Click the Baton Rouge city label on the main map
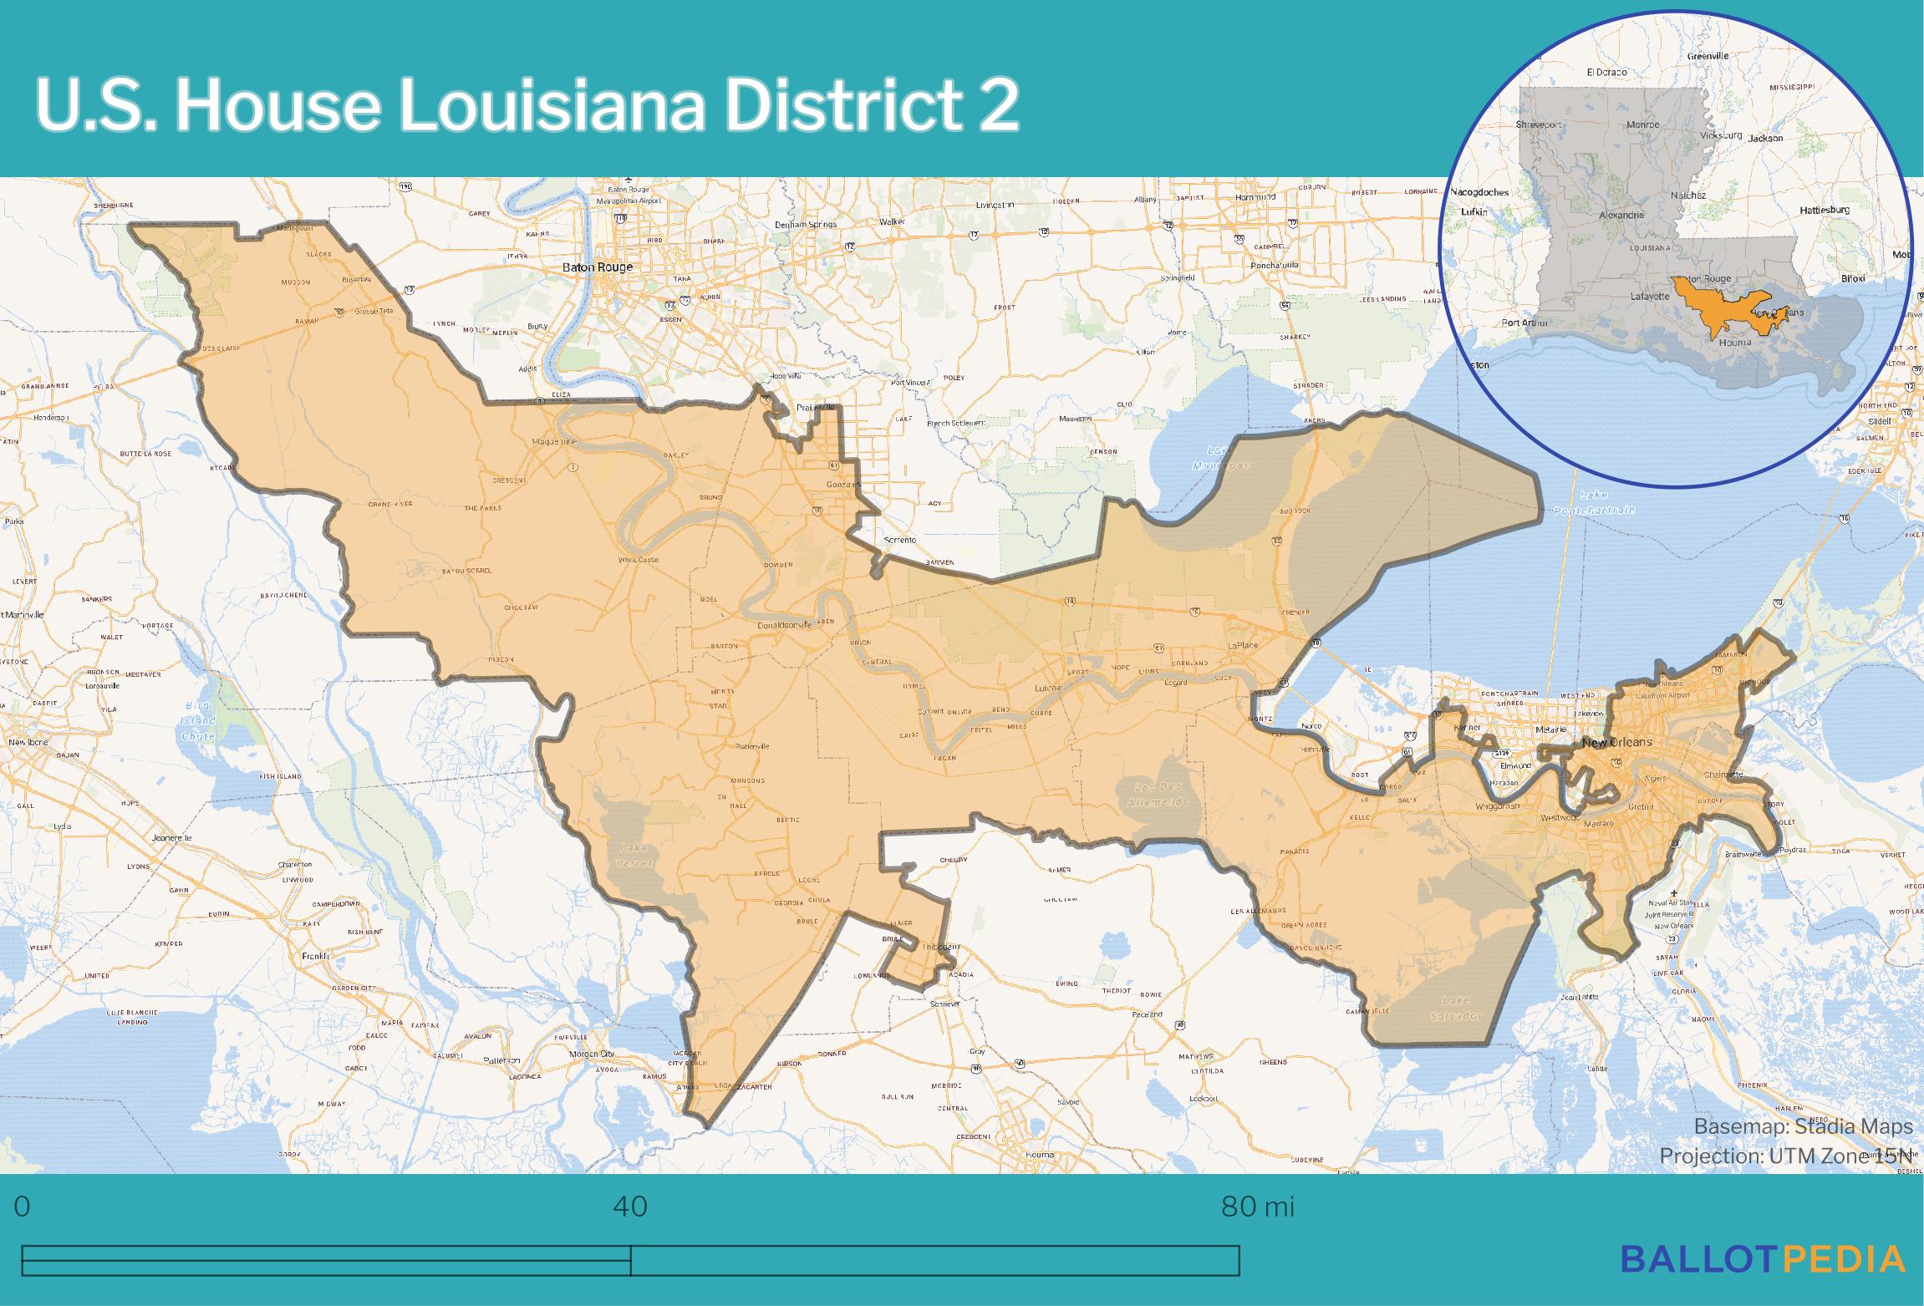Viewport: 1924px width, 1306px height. pos(598,267)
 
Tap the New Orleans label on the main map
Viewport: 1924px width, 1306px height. pos(1616,742)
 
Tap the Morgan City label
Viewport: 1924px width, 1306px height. pos(592,1053)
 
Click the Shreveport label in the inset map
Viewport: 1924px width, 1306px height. pos(1539,125)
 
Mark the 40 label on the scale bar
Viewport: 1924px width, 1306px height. pos(630,1207)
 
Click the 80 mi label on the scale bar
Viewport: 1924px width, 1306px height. pos(1257,1207)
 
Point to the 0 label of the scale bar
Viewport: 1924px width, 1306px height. pos(23,1207)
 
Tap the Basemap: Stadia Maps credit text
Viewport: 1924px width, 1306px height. pos(1803,1126)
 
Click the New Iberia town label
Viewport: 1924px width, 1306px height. pos(28,742)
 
